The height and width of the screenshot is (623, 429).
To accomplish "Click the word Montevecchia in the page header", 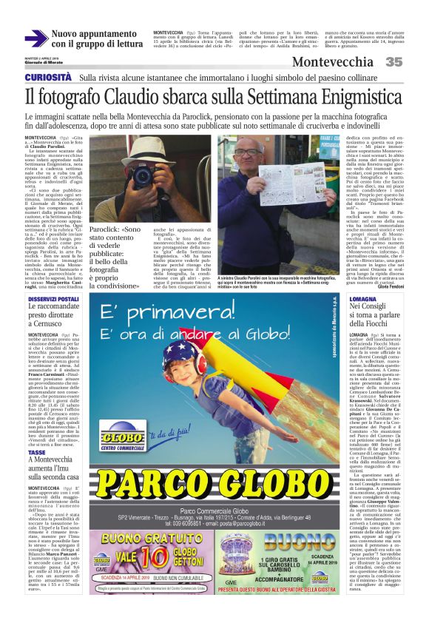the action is pos(332,62).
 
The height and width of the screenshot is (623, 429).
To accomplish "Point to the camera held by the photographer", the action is pos(142,175).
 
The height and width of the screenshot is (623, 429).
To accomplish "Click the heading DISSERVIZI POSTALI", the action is pos(53,299).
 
